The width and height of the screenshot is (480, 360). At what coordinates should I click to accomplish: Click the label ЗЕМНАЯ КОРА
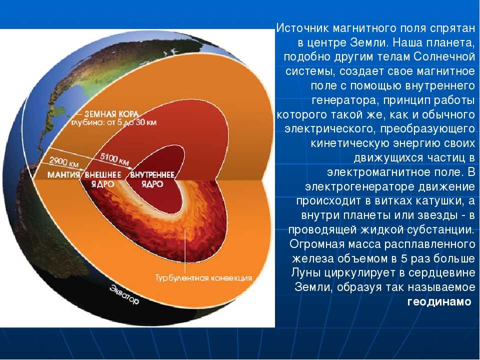coord(111,114)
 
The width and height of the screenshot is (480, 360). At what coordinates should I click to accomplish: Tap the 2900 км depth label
coord(63,161)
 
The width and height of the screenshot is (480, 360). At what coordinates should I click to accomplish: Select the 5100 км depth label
coord(114,159)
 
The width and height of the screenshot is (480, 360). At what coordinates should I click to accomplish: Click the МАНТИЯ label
coord(63,175)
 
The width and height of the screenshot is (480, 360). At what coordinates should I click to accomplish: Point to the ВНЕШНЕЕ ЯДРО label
coord(103,179)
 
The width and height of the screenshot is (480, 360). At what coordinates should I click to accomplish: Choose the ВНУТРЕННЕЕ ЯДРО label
coord(152,179)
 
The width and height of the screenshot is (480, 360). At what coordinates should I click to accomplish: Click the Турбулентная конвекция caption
coord(203,278)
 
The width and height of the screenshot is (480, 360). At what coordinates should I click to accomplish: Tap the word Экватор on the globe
coord(124,294)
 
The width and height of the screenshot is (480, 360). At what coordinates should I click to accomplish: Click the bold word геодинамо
coord(439,302)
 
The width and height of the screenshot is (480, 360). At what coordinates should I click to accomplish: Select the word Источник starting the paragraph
coord(302,28)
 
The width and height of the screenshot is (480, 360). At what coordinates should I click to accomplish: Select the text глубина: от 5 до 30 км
coord(114,122)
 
